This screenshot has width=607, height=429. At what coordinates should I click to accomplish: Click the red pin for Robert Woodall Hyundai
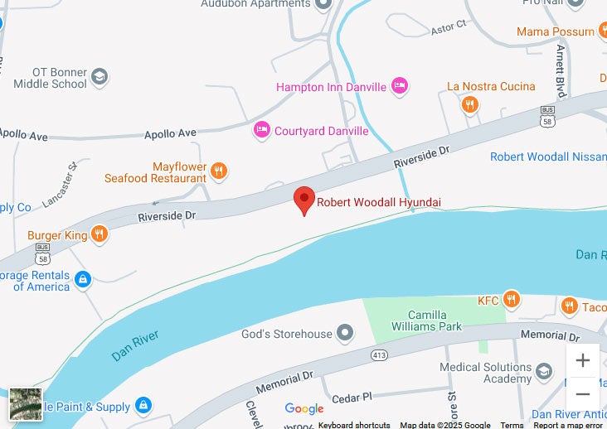pyautogui.click(x=304, y=200)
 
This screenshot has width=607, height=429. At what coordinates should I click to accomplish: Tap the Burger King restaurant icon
pyautogui.click(x=99, y=234)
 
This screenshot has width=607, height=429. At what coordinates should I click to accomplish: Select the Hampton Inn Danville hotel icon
pyautogui.click(x=400, y=86)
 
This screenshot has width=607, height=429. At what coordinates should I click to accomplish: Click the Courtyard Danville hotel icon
pyautogui.click(x=262, y=130)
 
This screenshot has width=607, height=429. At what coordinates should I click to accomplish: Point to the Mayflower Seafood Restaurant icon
pyautogui.click(x=219, y=171)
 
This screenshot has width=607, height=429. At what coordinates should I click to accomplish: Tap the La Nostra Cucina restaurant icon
pyautogui.click(x=470, y=104)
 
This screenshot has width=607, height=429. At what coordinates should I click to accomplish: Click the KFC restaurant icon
pyautogui.click(x=512, y=300)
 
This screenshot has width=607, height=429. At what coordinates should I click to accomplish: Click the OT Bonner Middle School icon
pyautogui.click(x=100, y=78)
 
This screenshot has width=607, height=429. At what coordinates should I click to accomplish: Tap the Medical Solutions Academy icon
pyautogui.click(x=544, y=372)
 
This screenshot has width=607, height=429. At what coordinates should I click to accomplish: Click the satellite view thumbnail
pyautogui.click(x=26, y=403)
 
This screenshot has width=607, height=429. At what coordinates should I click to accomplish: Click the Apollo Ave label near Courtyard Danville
pyautogui.click(x=170, y=133)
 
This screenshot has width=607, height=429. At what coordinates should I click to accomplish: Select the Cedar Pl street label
pyautogui.click(x=352, y=398)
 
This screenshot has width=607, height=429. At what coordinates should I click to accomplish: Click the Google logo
pyautogui.click(x=304, y=408)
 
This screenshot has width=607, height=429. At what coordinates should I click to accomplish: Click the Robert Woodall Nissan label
pyautogui.click(x=547, y=157)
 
